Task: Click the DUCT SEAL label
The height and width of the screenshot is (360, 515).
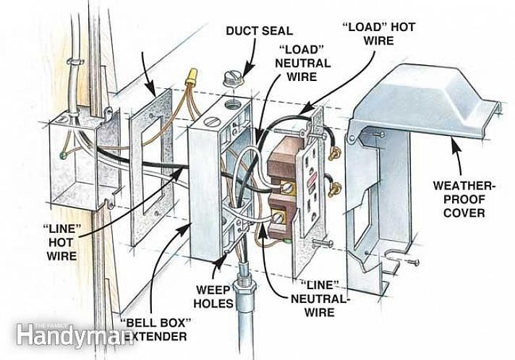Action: coord(260,31)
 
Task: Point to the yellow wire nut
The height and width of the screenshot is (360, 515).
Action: coord(192,76)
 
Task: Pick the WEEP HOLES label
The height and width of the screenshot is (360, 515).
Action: coord(214,296)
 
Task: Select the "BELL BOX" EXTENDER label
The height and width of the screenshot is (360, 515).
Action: coord(156,329)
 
